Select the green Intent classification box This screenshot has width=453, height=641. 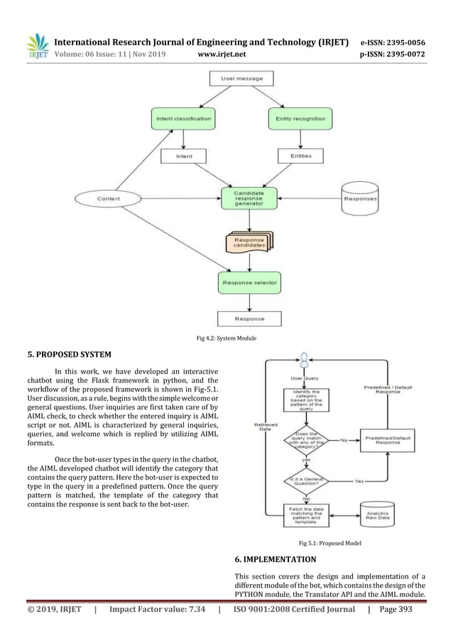pos(182,118)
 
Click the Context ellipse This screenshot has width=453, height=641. pos(108,198)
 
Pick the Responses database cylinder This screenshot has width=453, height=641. pos(360,198)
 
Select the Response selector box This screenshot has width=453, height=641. pos(249,282)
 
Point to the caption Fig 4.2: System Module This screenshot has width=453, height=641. pos(226,338)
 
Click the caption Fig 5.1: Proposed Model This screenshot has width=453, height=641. pos(329,543)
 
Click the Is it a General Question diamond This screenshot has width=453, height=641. pos(305,481)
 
